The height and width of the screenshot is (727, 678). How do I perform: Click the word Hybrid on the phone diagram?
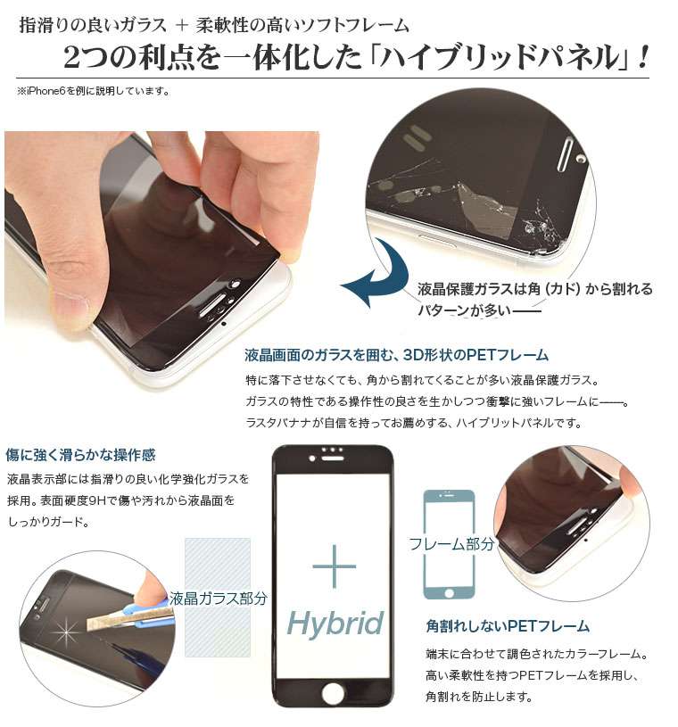click(335, 624)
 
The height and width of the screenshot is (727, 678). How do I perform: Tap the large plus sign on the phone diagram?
click(335, 566)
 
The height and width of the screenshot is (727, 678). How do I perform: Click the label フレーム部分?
click(451, 544)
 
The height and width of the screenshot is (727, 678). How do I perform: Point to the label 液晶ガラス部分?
click(219, 599)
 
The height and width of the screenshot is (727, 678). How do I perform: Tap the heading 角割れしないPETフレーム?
click(508, 626)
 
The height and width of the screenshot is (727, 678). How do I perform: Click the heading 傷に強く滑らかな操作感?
click(81, 455)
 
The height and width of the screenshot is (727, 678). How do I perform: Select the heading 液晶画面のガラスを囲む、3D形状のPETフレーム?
click(397, 355)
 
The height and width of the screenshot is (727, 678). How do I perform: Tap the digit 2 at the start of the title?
click(73, 59)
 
